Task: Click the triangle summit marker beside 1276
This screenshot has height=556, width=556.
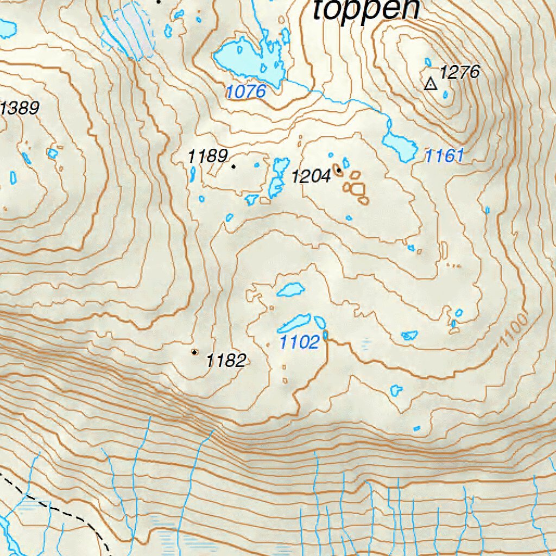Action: [x=431, y=84]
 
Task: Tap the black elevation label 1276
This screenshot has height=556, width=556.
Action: [x=460, y=72]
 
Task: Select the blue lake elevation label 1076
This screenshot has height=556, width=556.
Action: [x=246, y=92]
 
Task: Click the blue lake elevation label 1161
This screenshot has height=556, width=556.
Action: [x=444, y=157]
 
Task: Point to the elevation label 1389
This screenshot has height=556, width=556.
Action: [x=20, y=109]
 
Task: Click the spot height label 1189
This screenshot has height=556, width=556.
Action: [x=207, y=157]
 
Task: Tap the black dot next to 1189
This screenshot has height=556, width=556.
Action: [x=234, y=167]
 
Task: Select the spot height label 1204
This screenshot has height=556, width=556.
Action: [x=311, y=176]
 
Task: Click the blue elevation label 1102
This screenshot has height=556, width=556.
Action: [x=299, y=343]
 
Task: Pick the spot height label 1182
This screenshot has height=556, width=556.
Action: [x=226, y=361]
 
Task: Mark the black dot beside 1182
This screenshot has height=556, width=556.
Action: [x=194, y=352]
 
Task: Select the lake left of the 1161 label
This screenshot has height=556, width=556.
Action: [x=399, y=144]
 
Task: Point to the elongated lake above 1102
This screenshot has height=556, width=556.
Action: [x=294, y=323]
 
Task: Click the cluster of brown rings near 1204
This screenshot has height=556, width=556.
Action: [x=356, y=188]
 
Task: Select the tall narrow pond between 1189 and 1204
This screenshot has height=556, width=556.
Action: [x=279, y=176]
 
